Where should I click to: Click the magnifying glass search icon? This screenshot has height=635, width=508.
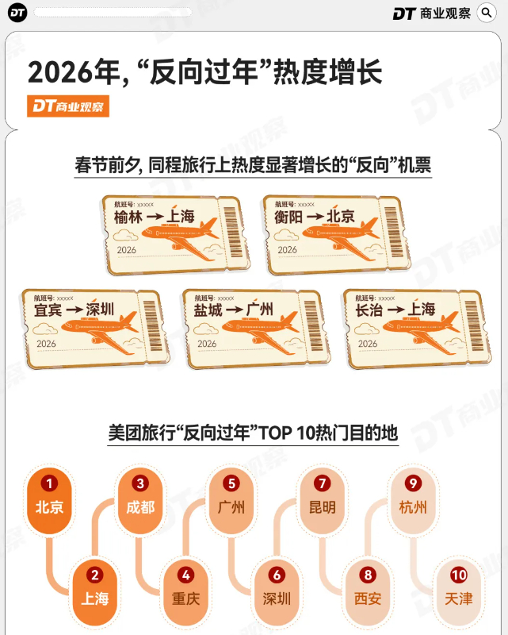click(x=487, y=13)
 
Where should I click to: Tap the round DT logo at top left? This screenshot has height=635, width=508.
click(x=17, y=13)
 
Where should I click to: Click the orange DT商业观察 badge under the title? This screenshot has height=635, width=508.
click(x=68, y=106)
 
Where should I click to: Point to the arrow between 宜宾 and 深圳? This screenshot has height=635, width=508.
click(x=74, y=310)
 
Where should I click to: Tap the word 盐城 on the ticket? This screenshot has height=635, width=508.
click(x=208, y=310)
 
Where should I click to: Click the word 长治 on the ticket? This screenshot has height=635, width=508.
click(x=369, y=310)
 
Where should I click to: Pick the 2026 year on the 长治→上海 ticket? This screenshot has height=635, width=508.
click(x=368, y=344)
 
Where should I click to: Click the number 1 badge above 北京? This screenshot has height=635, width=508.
click(x=49, y=483)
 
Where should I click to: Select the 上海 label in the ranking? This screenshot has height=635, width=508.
click(x=95, y=598)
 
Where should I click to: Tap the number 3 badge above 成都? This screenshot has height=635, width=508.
click(x=140, y=483)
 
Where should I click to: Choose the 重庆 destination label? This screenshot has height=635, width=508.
click(x=186, y=598)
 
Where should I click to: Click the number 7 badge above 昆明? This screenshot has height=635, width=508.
click(x=323, y=483)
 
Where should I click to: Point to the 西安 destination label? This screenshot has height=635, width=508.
click(x=368, y=598)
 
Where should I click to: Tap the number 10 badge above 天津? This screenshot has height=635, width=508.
click(x=459, y=575)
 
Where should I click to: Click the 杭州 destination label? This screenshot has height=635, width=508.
click(x=413, y=507)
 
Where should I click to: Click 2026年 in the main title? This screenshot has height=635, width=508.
click(x=75, y=72)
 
